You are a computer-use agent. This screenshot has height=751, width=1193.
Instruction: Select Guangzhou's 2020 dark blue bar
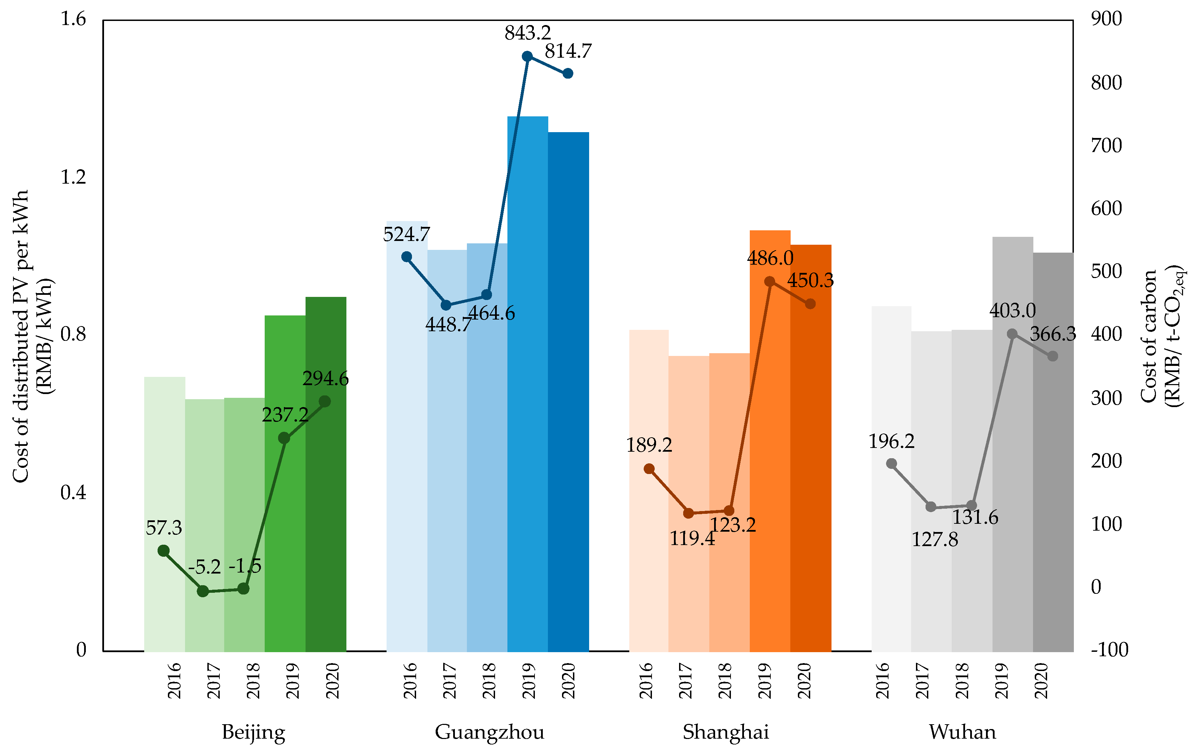[568, 391]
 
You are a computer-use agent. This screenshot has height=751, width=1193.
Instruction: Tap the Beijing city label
[253, 732]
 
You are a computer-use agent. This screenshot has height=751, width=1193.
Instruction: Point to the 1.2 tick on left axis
[73, 177]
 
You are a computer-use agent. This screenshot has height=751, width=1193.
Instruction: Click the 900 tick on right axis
[1106, 19]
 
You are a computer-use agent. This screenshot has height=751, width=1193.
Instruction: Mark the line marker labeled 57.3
[163, 550]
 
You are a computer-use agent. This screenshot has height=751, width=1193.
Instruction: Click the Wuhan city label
[962, 732]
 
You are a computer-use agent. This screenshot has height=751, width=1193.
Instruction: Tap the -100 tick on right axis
[1109, 649]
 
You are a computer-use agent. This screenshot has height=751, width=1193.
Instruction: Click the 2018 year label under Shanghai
[724, 681]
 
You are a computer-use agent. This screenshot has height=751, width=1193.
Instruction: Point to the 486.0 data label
[770, 258]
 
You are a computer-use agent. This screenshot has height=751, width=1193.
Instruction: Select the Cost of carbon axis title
[1161, 336]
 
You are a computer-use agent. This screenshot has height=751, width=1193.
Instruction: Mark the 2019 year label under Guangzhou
[529, 681]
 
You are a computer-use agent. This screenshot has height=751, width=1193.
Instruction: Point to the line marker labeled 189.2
[649, 469]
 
